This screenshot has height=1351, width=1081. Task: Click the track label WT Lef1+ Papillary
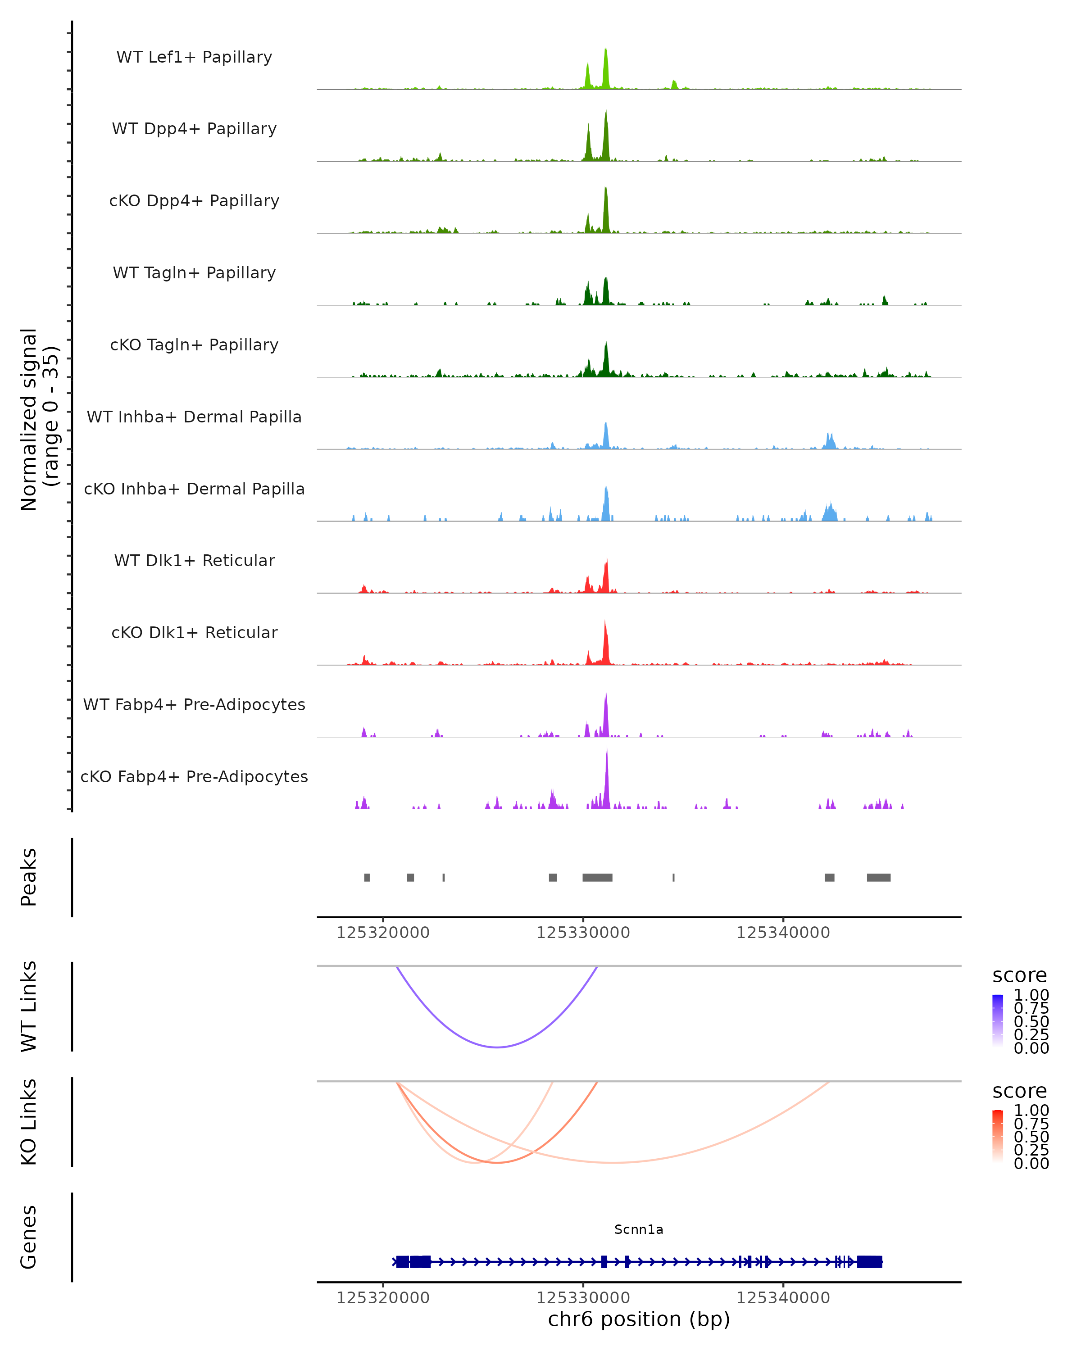pos(194,57)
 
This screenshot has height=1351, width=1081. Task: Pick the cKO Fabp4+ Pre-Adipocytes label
pos(194,776)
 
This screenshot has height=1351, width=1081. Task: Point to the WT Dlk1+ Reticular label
pos(194,561)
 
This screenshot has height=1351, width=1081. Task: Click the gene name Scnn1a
pos(639,1229)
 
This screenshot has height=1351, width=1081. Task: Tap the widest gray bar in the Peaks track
pos(597,877)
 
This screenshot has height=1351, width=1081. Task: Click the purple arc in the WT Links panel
pos(497,1047)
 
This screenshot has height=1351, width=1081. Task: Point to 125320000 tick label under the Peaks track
pos(383,933)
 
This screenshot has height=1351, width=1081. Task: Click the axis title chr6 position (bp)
pos(639,1319)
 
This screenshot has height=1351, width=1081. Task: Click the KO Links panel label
pos(29,1122)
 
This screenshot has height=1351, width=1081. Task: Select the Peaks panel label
pos(29,877)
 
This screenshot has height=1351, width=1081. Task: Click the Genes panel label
pos(29,1237)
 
